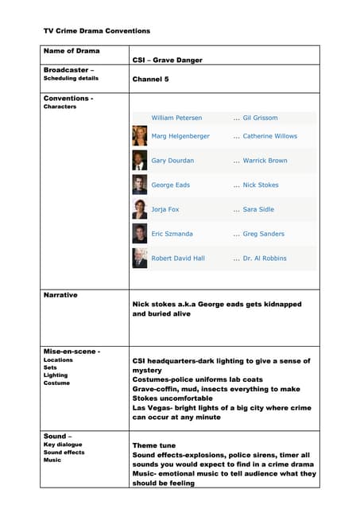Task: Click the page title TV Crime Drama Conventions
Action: tap(96, 31)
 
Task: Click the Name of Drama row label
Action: tap(72, 51)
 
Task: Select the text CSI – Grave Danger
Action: tap(167, 60)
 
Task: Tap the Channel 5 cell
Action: tap(150, 80)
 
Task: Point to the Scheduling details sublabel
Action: tap(71, 79)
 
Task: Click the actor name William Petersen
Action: tap(176, 118)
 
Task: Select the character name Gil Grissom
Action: tap(260, 118)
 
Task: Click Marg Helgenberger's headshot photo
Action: tap(139, 136)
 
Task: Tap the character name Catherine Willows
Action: tap(269, 136)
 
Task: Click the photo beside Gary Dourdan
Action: tap(139, 161)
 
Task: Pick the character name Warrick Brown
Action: tap(265, 161)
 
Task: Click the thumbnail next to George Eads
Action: tap(139, 185)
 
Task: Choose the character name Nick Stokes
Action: tap(261, 185)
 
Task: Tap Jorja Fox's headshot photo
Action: tap(139, 209)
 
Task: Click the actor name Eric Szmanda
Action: tap(172, 234)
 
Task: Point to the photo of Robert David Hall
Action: tap(139, 258)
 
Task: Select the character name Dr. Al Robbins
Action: tap(265, 258)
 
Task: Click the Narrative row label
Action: tap(60, 295)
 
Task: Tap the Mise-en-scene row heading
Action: tap(72, 351)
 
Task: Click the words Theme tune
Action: tap(154, 445)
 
